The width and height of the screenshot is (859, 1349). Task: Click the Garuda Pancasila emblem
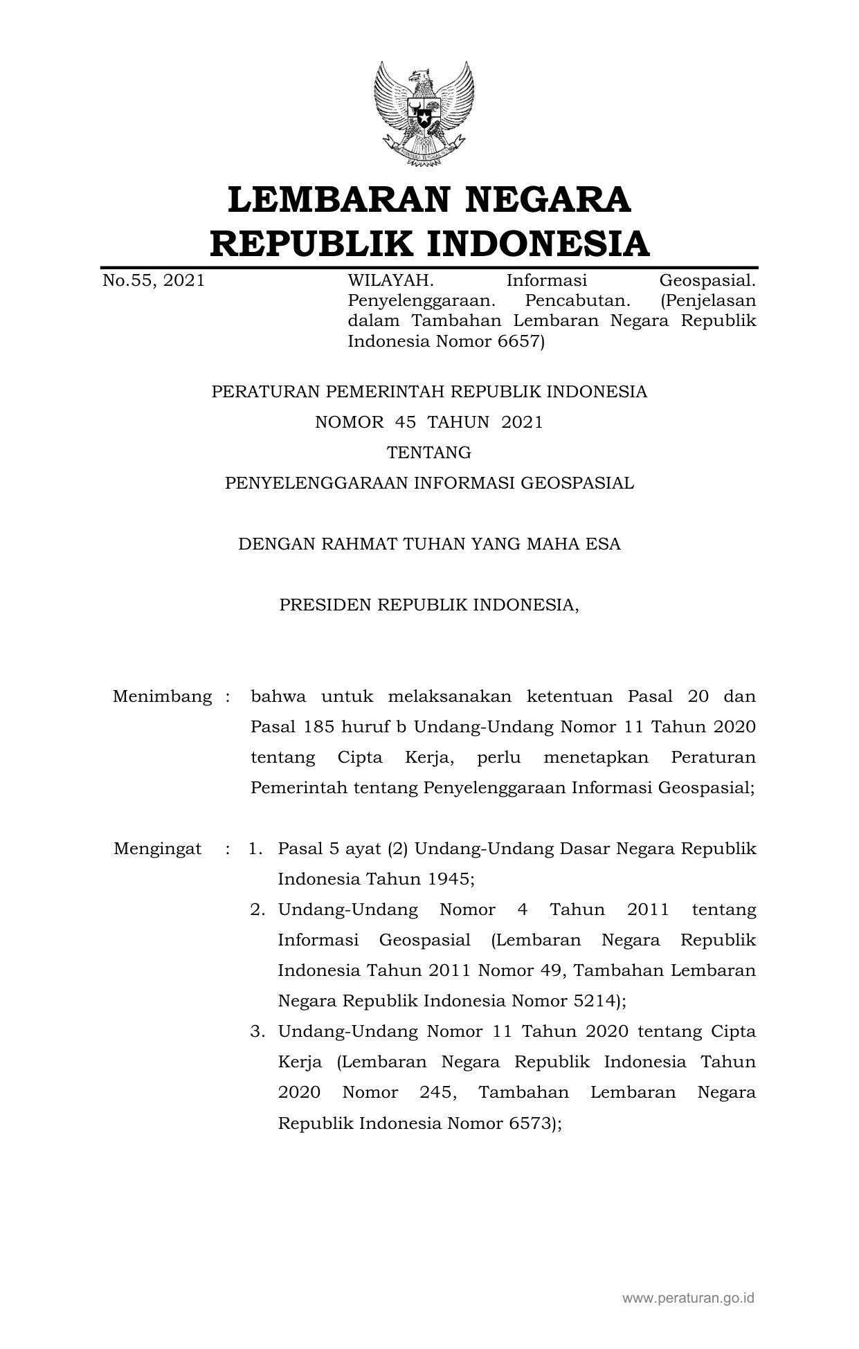tap(424, 113)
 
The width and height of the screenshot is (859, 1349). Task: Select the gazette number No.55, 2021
tap(153, 280)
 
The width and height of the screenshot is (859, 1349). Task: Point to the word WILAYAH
tap(390, 280)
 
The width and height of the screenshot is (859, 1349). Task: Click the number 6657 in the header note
tap(518, 341)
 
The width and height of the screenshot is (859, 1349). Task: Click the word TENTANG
tap(429, 452)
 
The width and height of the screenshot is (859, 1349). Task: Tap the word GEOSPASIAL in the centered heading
tap(577, 482)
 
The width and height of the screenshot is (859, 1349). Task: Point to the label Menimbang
tap(162, 696)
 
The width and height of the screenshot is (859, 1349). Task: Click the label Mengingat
tap(158, 848)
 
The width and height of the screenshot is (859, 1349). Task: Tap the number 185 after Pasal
tap(309, 726)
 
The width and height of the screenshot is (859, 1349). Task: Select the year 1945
tap(449, 878)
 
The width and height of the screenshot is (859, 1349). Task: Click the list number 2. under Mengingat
tap(258, 909)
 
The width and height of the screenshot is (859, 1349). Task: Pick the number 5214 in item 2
tap(586, 1000)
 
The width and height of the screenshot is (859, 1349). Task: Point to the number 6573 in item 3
tap(531, 1122)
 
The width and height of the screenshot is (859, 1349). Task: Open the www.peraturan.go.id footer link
tap(687, 1298)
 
